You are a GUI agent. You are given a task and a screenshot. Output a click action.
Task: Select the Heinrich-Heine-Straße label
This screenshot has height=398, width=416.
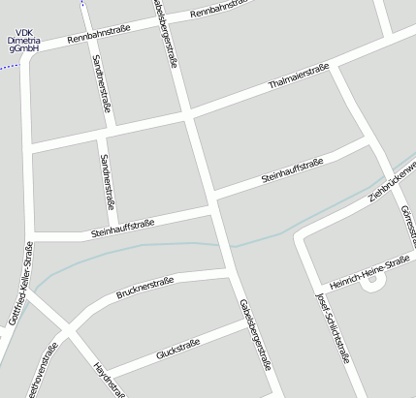(369, 273)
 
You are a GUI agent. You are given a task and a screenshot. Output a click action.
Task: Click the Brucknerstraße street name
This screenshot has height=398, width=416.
(144, 288)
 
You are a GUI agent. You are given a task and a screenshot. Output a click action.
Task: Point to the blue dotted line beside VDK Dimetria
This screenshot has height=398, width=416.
(8, 67)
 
